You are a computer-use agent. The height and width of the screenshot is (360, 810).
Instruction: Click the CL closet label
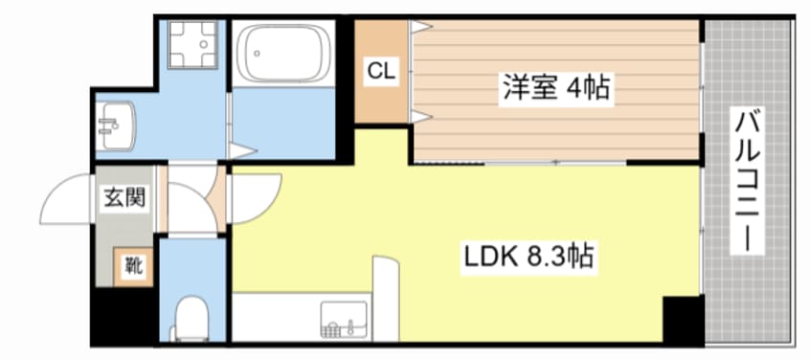(382, 71)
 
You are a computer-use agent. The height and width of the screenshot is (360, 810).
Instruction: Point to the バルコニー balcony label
(747, 181)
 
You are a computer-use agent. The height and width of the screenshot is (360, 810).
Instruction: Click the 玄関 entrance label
(124, 197)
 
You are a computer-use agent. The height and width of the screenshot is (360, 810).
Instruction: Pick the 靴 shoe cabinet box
(134, 266)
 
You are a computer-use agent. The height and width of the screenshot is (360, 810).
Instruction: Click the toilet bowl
(191, 318)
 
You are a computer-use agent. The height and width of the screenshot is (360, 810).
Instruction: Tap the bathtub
(288, 54)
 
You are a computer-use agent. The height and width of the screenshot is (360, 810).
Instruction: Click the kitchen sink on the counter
(344, 320)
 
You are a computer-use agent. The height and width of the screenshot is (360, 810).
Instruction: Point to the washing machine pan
(192, 44)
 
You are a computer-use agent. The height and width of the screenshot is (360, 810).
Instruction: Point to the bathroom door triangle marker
(243, 151)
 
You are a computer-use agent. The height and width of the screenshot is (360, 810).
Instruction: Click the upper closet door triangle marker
(420, 27)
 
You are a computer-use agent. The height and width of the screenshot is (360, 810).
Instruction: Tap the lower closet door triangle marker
(420, 117)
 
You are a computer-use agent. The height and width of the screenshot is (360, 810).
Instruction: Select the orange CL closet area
(382, 72)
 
